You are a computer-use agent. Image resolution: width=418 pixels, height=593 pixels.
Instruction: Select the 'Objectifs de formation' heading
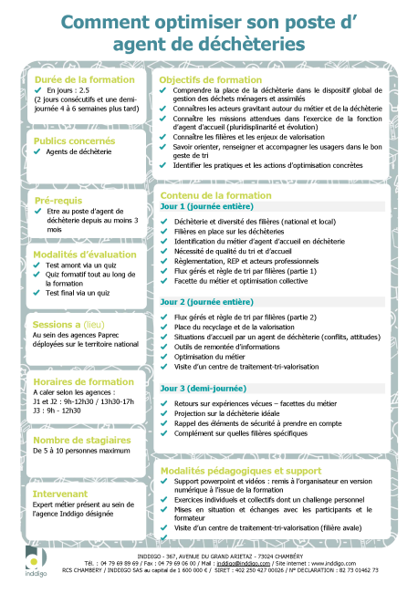pyautogui.click(x=211, y=79)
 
